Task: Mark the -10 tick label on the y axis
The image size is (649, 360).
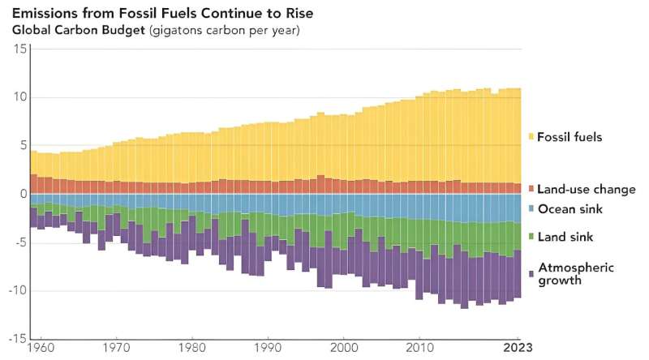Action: [x=19, y=291]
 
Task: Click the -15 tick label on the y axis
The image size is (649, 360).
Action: [x=19, y=339]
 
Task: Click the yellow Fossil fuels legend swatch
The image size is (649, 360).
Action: [x=531, y=137]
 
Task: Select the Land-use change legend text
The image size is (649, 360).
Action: [x=587, y=190]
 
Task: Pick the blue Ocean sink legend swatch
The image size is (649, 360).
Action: [x=531, y=209]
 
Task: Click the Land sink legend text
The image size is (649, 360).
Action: [x=566, y=237]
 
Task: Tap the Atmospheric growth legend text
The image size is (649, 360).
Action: [x=577, y=274]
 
